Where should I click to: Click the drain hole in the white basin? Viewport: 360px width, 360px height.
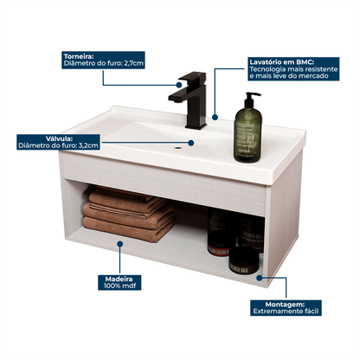(x=177, y=147)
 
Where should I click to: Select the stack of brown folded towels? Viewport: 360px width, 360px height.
(x=129, y=214)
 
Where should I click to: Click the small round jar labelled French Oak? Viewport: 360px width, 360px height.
(x=243, y=260)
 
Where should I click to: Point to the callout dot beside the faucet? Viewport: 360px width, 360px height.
(x=179, y=85)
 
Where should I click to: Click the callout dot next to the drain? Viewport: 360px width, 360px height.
(x=191, y=143)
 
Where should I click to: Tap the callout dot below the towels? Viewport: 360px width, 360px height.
(x=120, y=244)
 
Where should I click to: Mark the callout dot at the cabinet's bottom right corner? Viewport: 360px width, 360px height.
(x=260, y=278)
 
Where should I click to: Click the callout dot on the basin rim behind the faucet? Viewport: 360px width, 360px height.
(x=215, y=117)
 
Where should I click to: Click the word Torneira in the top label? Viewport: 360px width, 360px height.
(x=79, y=56)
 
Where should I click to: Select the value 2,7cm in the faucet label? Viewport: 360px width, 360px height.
(x=134, y=63)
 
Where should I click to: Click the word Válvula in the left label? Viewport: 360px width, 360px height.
(x=59, y=138)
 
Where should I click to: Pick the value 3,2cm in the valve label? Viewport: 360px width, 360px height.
(x=88, y=145)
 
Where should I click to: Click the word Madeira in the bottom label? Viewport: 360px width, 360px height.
(x=119, y=280)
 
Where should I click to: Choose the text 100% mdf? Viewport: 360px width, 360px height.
(x=119, y=286)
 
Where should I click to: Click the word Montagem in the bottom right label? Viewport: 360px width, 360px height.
(x=285, y=305)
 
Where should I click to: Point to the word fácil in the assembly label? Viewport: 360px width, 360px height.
(x=311, y=312)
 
